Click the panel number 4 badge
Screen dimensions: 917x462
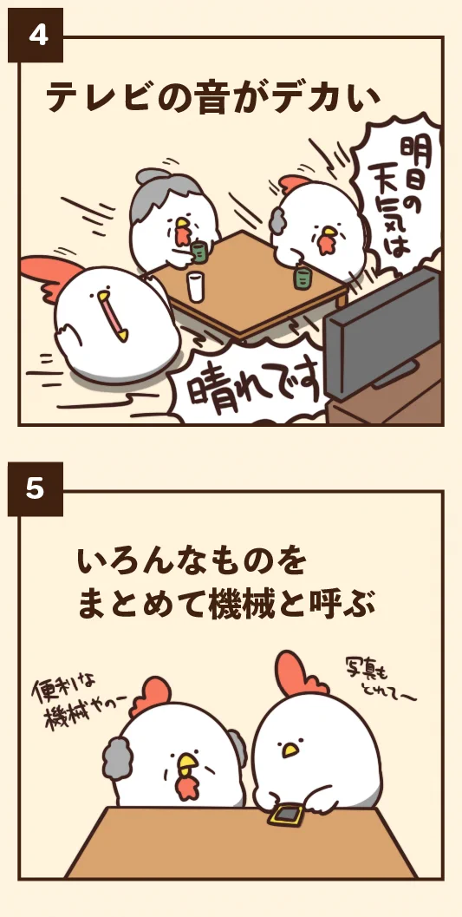point(36,36)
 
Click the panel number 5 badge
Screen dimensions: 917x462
point(36,489)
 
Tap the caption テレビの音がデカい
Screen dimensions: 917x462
point(213,97)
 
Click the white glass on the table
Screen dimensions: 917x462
point(197,286)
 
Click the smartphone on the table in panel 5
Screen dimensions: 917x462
point(284,815)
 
